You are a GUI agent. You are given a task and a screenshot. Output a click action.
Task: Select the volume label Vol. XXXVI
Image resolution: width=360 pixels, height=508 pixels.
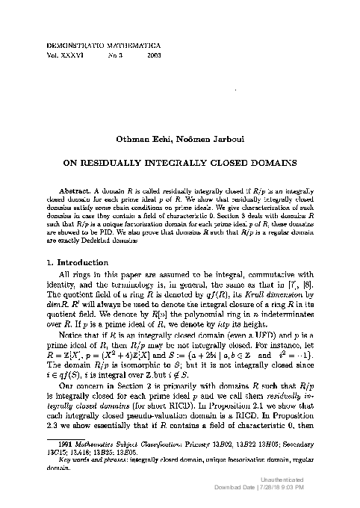click(x=63, y=55)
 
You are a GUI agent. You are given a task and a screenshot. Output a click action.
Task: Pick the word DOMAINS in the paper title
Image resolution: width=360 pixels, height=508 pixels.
click(x=268, y=161)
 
